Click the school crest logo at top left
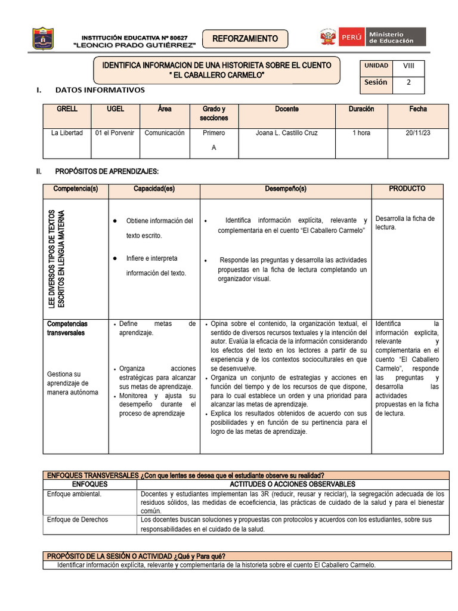pyautogui.click(x=43, y=38)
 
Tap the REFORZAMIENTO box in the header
pyautogui.click(x=245, y=39)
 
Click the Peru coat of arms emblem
pyautogui.click(x=327, y=38)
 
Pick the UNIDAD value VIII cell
pyautogui.click(x=409, y=66)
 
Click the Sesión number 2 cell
pyautogui.click(x=409, y=83)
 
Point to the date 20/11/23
pyautogui.click(x=417, y=133)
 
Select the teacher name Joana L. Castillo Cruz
pyautogui.click(x=286, y=133)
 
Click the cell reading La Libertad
pyautogui.click(x=67, y=133)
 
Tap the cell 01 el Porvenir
pyautogui.click(x=114, y=133)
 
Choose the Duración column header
pyautogui.click(x=361, y=109)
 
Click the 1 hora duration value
pyautogui.click(x=361, y=133)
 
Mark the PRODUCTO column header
pyautogui.click(x=407, y=189)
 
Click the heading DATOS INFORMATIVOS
pyautogui.click(x=100, y=90)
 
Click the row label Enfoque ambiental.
pyautogui.click(x=75, y=494)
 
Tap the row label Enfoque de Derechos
pyautogui.click(x=78, y=520)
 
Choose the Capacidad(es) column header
pyautogui.click(x=154, y=189)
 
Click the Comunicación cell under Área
pyautogui.click(x=165, y=133)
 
